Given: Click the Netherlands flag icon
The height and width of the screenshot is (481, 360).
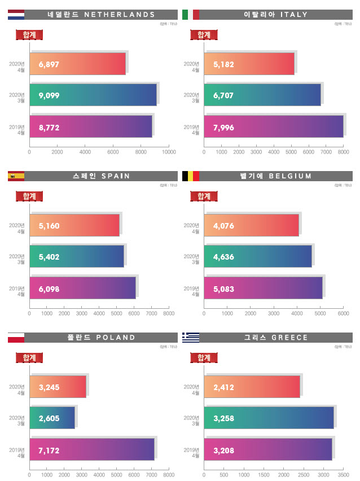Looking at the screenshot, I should tap(16, 15).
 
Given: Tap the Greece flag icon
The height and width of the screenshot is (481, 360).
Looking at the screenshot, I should tap(190, 338).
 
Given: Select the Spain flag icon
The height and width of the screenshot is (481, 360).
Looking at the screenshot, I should tap(16, 176).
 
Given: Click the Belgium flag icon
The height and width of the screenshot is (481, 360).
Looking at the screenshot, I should tap(190, 176).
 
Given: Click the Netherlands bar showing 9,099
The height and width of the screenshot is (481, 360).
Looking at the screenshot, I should tap(93, 95).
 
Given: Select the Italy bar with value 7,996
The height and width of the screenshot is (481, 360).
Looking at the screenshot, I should tap(274, 126).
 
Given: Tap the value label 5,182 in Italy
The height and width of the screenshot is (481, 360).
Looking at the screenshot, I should tap(223, 64).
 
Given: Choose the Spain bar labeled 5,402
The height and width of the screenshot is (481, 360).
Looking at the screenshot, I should tap(77, 256).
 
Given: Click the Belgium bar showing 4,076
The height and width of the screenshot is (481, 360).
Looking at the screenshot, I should tap(252, 225).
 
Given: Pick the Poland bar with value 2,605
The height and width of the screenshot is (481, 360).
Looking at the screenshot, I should tap(52, 418).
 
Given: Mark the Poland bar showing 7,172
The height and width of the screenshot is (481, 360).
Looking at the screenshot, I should tap(92, 449).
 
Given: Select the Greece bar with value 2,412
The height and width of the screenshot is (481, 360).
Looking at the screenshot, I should tap(252, 387).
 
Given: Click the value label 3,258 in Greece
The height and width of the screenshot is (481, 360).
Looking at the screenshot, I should tap(223, 418).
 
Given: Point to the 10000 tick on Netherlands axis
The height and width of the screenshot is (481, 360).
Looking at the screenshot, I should tap(169, 152).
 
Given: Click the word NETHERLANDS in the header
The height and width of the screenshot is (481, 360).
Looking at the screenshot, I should tap(119, 15).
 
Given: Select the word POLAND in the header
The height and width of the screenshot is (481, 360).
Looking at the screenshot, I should tap(116, 338).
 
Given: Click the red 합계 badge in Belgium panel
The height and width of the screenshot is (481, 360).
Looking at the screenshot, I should tap(204, 196).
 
